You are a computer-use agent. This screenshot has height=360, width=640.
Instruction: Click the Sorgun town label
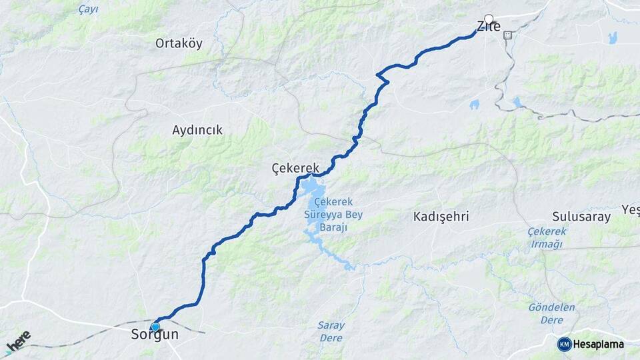click(155, 335)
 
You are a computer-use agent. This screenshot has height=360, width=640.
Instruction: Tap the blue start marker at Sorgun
click(155, 327)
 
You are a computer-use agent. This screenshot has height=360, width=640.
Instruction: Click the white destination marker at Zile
click(489, 19)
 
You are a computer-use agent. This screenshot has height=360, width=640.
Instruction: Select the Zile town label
click(488, 27)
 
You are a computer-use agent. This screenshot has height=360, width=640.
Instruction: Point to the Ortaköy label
click(179, 44)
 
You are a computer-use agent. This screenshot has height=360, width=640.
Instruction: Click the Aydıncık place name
click(197, 130)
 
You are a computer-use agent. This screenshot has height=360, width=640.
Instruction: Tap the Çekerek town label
click(296, 167)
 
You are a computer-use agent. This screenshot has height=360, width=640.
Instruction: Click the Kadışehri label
click(441, 217)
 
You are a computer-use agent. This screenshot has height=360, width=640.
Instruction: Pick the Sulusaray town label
click(581, 217)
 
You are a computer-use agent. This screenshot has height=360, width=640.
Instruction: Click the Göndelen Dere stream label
click(551, 313)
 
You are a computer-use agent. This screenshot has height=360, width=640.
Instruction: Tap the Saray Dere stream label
click(331, 331)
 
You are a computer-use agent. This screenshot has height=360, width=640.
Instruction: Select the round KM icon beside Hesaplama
click(564, 344)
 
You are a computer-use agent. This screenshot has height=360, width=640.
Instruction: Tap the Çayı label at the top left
click(88, 9)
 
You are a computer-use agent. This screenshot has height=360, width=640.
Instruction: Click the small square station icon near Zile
click(508, 35)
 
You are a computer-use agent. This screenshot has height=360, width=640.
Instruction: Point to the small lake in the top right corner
click(612, 38)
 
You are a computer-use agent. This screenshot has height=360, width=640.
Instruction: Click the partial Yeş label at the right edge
click(631, 211)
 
